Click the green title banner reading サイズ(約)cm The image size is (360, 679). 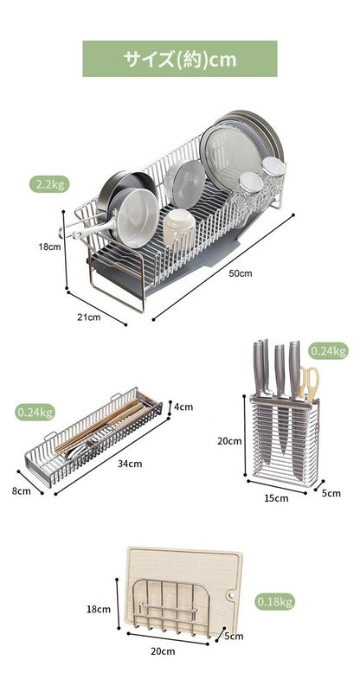[180, 59]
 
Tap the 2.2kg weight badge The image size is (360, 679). [49, 184]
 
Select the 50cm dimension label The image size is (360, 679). [241, 273]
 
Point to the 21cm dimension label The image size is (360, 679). [89, 317]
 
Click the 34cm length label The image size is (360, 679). [130, 464]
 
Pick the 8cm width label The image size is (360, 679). [22, 491]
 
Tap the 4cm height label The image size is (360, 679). [183, 407]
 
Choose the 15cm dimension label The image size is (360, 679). [276, 498]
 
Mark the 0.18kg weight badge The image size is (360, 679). [274, 601]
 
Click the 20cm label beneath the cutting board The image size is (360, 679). [163, 650]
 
